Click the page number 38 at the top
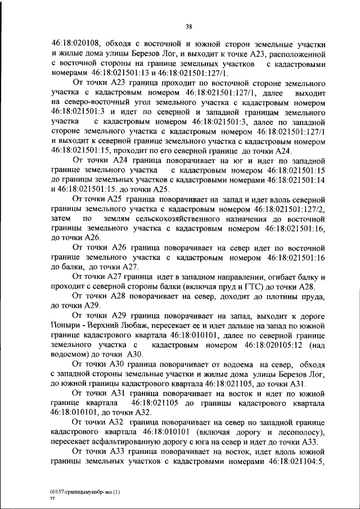[189, 25]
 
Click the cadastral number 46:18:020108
[76, 43]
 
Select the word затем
[62, 218]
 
